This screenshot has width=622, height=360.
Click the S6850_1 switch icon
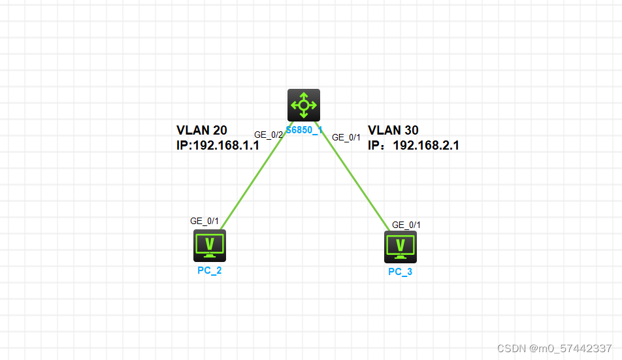(x=304, y=105)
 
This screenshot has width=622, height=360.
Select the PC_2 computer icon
(x=210, y=246)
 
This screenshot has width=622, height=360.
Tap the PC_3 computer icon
(x=401, y=247)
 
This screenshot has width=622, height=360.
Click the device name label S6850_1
(x=304, y=130)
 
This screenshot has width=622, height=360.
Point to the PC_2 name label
(x=210, y=270)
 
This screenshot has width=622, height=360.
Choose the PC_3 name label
(x=401, y=272)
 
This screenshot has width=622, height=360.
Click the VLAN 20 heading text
(x=201, y=130)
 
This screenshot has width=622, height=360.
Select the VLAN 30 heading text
(x=393, y=130)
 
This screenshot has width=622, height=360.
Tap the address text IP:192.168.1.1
(x=218, y=146)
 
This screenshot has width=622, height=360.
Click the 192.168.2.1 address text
(x=426, y=146)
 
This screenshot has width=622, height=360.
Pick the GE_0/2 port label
(x=269, y=135)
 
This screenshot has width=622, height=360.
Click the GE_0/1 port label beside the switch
(x=346, y=138)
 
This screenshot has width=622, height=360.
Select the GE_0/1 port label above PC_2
(x=205, y=221)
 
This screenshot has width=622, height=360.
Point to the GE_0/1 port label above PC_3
(x=406, y=225)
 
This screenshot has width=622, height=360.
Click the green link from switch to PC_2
(x=257, y=176)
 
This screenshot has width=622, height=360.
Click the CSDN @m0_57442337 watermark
(x=554, y=348)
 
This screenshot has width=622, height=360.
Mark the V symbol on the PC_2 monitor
(x=210, y=244)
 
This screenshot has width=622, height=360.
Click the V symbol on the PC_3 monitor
(x=401, y=244)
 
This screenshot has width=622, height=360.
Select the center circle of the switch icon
(x=304, y=105)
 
